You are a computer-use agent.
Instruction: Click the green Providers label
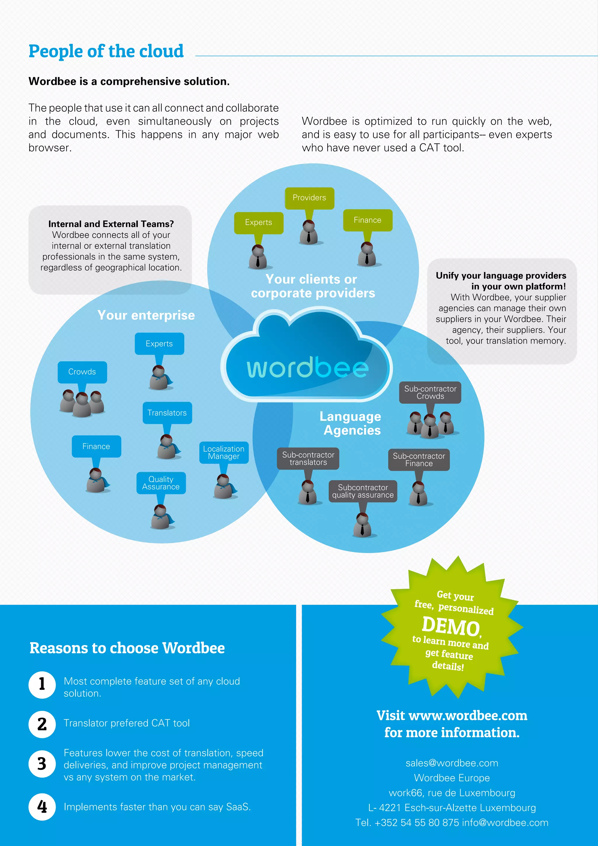coord(309,198)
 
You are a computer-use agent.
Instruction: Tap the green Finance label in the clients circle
coord(368,220)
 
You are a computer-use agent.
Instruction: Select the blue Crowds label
coord(82,372)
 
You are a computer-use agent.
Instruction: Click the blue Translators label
coord(167,413)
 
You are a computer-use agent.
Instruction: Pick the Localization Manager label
coord(224,453)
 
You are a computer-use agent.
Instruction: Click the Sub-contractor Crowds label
coord(430,392)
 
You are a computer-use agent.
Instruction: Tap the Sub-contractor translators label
coord(308,458)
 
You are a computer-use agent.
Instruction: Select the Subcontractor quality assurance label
coord(363,491)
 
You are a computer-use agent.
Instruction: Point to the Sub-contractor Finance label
coord(419,460)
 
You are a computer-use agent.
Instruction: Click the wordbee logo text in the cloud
coord(307,368)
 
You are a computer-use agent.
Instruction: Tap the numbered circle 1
coord(42,685)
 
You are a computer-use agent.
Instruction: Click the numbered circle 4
coord(42,807)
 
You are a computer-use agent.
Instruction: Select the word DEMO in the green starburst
coord(451,626)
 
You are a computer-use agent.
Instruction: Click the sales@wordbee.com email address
coord(452,763)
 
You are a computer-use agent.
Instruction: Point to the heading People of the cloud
coord(106,51)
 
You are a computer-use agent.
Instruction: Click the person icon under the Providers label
coord(309,232)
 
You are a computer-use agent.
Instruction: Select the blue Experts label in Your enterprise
coord(159,344)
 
